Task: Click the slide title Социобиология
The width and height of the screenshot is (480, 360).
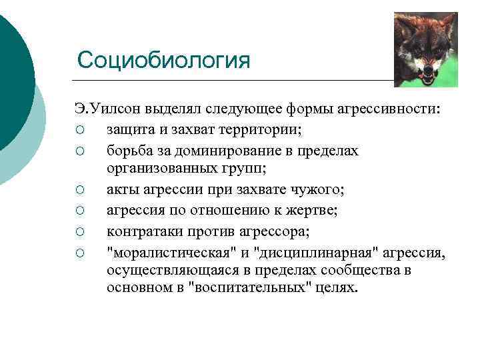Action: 163,60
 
